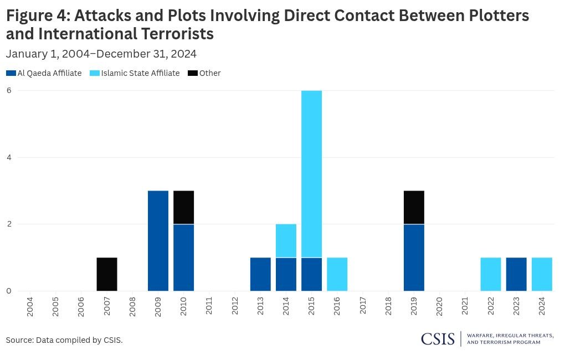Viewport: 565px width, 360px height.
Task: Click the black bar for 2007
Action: coord(107,274)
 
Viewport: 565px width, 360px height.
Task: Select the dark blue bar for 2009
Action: coord(158,241)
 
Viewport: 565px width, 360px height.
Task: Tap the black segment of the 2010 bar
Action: coord(183,207)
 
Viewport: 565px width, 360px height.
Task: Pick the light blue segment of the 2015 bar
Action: coord(311,174)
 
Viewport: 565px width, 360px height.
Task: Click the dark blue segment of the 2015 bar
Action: coord(311,274)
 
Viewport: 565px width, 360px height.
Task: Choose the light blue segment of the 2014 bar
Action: coord(286,241)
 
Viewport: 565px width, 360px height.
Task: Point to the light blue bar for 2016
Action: coord(337,274)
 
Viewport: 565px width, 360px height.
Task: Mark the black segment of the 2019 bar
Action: coord(414,207)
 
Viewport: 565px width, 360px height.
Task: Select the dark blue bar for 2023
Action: coord(516,274)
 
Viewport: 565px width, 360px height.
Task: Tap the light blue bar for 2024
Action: coord(542,274)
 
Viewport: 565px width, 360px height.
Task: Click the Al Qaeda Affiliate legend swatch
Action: coord(11,73)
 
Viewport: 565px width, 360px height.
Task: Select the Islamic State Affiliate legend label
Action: coord(140,73)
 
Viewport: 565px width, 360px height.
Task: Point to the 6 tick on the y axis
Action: coord(9,90)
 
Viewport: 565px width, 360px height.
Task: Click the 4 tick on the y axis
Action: coord(9,157)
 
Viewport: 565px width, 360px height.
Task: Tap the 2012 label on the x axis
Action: coord(235,306)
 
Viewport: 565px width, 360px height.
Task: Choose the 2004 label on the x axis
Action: coord(30,306)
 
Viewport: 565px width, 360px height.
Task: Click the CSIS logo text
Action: coord(438,339)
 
